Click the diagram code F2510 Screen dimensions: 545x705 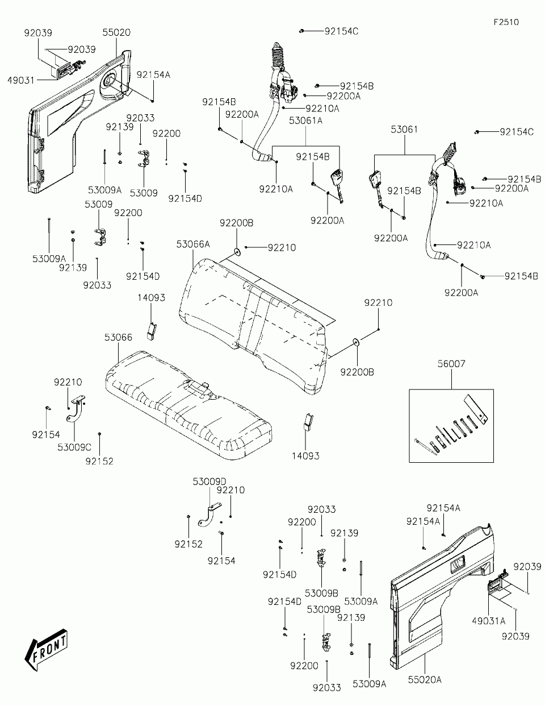point(506,22)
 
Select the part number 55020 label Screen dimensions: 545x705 point(116,32)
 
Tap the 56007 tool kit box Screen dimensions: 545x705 point(451,426)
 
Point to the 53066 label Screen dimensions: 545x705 point(118,337)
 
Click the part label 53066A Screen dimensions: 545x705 point(193,244)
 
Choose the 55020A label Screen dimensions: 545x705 point(425,679)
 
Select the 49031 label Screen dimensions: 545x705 point(21,80)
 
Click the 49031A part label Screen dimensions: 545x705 point(489,621)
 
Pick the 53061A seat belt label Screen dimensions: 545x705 point(305,121)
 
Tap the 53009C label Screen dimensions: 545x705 point(74,447)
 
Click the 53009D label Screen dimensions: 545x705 point(209,482)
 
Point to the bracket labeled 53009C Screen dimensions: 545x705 point(77,409)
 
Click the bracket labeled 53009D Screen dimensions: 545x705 point(209,515)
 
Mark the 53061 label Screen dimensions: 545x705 point(404,130)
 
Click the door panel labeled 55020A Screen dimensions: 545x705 point(443,596)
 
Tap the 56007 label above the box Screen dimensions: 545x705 point(451,364)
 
